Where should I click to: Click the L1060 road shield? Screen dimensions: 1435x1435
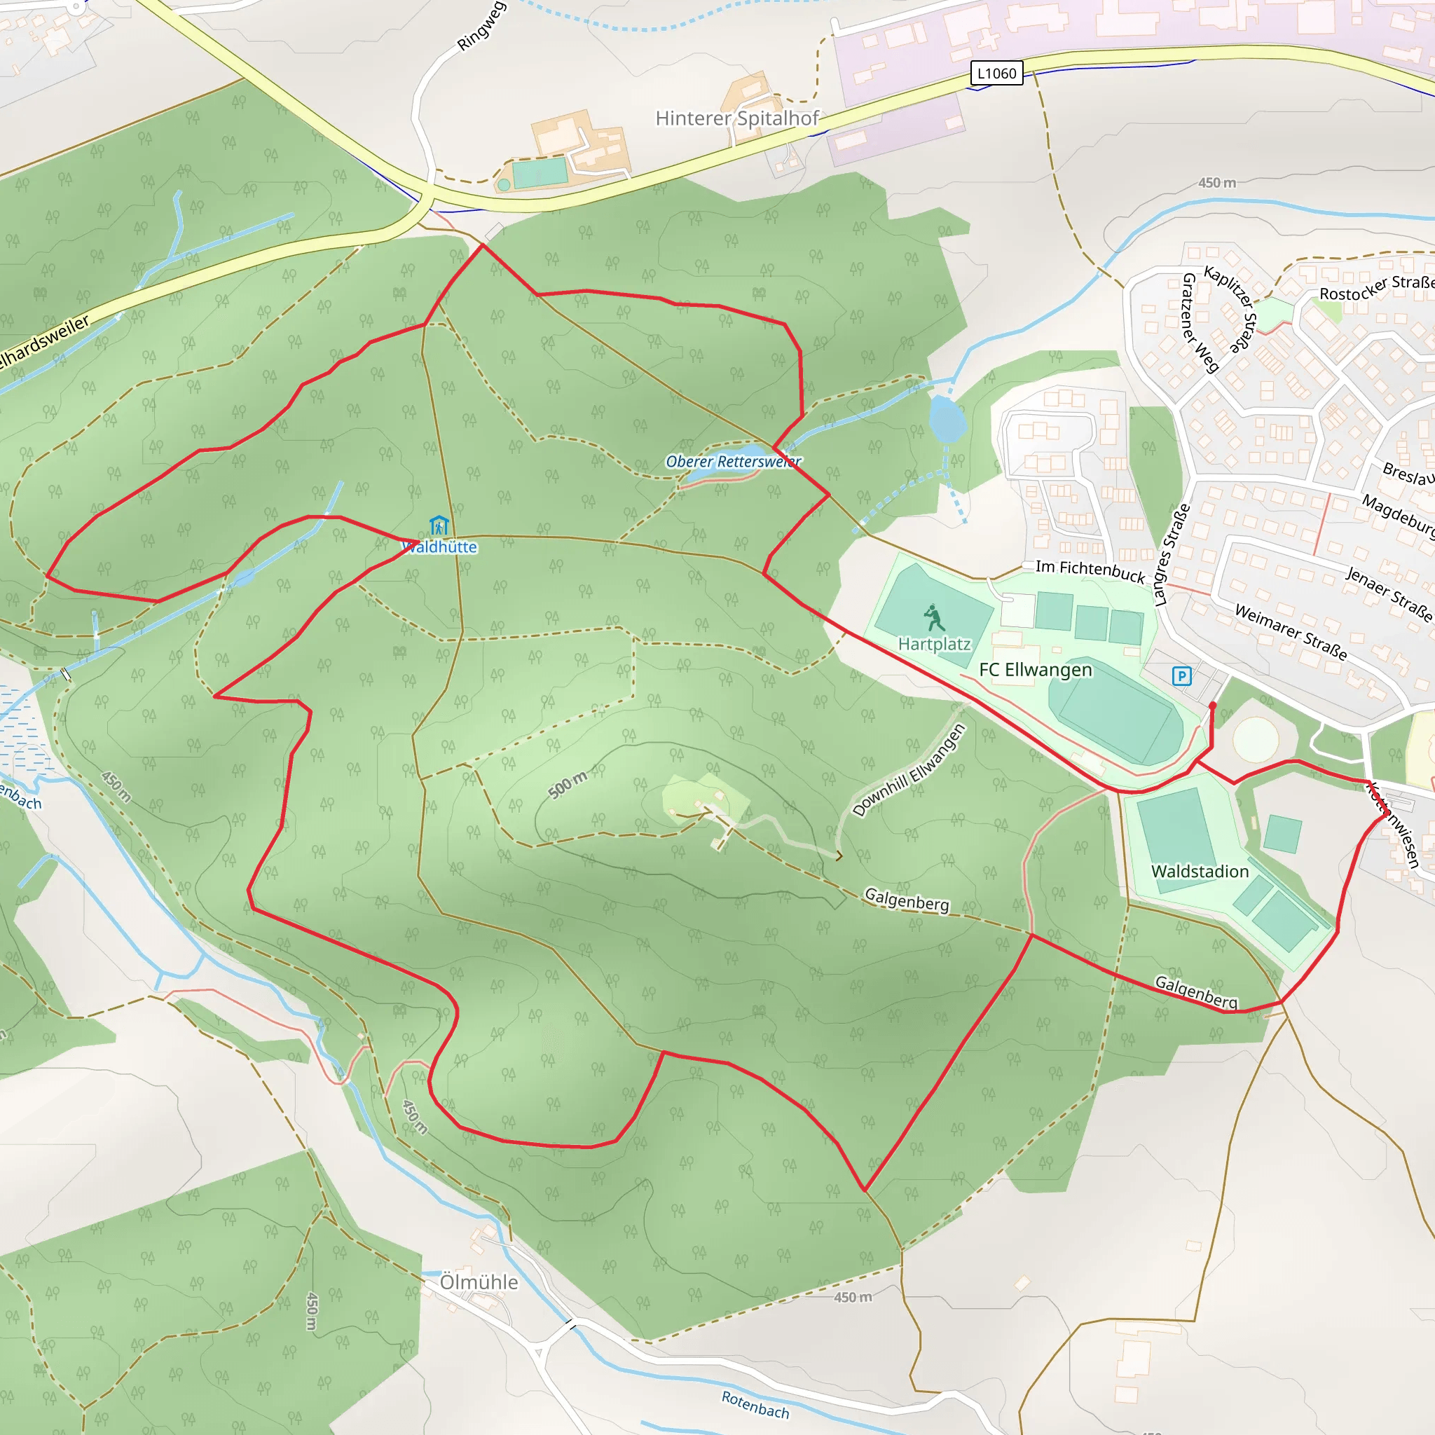pos(997,74)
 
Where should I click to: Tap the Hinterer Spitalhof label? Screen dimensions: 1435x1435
pos(737,118)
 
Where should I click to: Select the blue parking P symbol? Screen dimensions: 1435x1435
pos(1181,676)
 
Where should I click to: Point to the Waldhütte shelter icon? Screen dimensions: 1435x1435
pos(439,526)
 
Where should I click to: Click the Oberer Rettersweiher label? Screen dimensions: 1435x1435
pos(733,461)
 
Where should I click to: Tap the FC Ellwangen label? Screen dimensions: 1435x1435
pos(1036,670)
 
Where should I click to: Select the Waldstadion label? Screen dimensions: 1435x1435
pos(1200,871)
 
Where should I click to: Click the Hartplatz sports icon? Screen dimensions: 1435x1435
pos(933,617)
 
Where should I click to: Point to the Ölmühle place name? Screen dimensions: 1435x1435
pos(479,1282)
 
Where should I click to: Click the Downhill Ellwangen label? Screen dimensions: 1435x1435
pos(909,770)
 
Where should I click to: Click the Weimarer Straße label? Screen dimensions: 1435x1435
pos(1290,631)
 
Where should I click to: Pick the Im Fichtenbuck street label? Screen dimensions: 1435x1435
pos(1090,570)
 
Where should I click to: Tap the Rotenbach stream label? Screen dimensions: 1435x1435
pos(755,1405)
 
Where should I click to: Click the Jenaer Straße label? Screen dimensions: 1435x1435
pos(1388,593)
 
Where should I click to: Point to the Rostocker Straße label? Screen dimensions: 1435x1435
pos(1376,287)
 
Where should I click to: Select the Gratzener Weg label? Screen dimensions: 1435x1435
pos(1200,322)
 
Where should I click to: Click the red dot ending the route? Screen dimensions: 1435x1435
pos(1213,705)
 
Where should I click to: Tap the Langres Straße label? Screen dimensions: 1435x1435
pos(1172,554)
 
